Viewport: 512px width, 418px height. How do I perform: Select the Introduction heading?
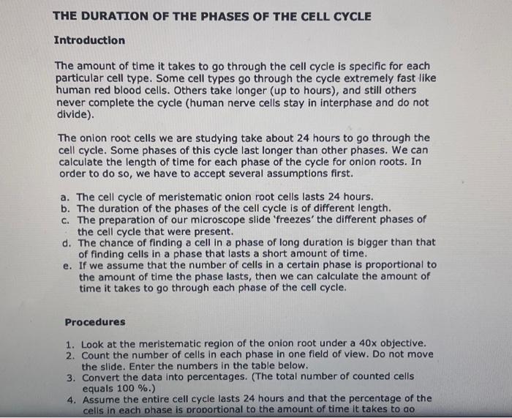(90, 40)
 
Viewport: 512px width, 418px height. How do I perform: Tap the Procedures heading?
(94, 322)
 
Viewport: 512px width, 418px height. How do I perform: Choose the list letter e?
(67, 265)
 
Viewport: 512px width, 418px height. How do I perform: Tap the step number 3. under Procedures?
(70, 377)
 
